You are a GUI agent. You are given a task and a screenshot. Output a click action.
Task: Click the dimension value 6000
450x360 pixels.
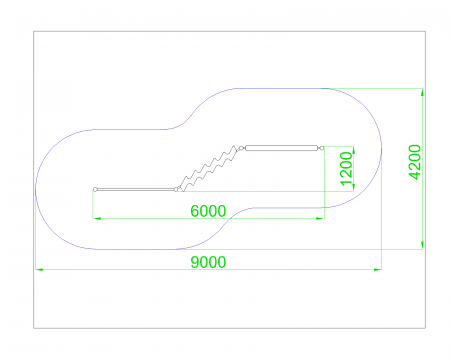[208, 211]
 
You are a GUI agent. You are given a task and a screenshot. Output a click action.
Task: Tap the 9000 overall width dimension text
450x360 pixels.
[208, 262]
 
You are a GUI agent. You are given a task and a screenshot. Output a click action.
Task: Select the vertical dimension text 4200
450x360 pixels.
[415, 162]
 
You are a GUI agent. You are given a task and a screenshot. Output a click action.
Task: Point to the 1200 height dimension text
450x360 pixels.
[346, 168]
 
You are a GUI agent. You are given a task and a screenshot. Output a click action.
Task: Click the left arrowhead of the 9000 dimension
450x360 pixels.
[39, 269]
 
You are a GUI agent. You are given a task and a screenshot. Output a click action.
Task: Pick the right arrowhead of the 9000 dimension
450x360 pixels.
[378, 269]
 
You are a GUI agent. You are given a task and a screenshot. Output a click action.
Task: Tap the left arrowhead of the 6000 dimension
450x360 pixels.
[97, 218]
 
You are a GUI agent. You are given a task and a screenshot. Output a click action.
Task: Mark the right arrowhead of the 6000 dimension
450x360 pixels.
[320, 218]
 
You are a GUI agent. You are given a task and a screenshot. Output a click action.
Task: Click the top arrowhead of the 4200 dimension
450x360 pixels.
[422, 92]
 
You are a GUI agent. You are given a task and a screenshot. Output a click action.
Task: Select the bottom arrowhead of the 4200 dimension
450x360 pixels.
[422, 245]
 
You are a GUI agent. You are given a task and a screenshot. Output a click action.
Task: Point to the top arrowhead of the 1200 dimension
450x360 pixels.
[353, 150]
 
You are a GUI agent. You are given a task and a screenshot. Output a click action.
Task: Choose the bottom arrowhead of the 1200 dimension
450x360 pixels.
[353, 187]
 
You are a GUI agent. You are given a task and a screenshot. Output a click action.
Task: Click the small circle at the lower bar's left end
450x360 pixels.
[95, 189]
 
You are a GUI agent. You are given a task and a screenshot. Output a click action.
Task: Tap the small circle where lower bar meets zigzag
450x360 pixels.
[176, 189]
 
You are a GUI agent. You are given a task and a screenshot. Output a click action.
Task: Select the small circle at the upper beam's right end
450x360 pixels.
[321, 148]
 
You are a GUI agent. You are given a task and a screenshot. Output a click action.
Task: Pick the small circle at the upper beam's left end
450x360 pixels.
[241, 148]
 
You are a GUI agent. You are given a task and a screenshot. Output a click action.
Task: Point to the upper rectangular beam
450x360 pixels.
[282, 148]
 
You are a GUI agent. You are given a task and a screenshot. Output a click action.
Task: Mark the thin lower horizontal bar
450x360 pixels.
[136, 189]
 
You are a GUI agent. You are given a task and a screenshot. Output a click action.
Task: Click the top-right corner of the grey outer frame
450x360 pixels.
[425, 31]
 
